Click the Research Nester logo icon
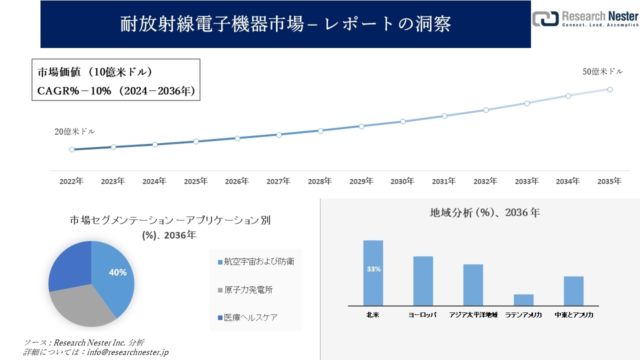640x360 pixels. point(545,18)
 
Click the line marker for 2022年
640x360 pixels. point(72,149)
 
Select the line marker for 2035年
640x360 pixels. point(610,89)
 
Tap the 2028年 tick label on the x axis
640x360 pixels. point(319,181)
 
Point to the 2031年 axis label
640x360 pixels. point(444,181)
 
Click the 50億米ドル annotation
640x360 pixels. point(602,72)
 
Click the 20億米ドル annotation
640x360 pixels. point(74,132)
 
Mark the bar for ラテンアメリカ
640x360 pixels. point(523,300)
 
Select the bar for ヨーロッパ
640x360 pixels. point(423,281)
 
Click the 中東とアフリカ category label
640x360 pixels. point(574,315)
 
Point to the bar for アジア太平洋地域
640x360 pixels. point(473,285)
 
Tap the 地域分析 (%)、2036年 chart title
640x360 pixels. point(484,212)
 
